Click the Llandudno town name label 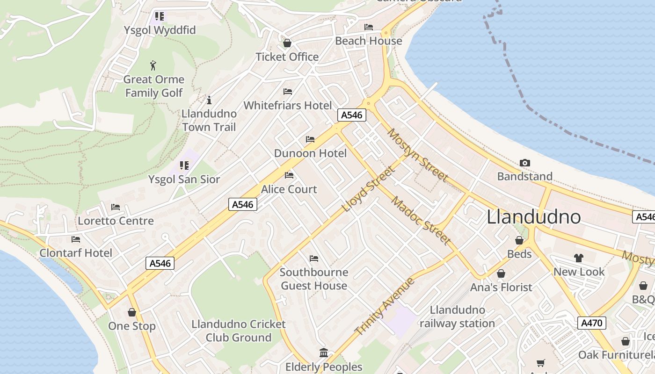(534, 217)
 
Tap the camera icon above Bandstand (525, 163)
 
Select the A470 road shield (592, 323)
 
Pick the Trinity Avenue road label (385, 306)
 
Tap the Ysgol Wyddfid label (160, 30)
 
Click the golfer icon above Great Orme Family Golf (153, 65)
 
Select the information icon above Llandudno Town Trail (209, 100)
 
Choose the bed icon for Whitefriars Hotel (288, 92)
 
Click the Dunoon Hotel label (310, 153)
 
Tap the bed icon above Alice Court (289, 175)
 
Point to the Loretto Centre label (116, 221)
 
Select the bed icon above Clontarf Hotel (76, 239)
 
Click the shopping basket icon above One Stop (132, 312)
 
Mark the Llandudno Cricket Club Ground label (239, 331)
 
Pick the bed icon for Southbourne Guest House (314, 259)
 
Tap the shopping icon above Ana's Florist (501, 273)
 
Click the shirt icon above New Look (579, 258)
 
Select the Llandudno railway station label (457, 316)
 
